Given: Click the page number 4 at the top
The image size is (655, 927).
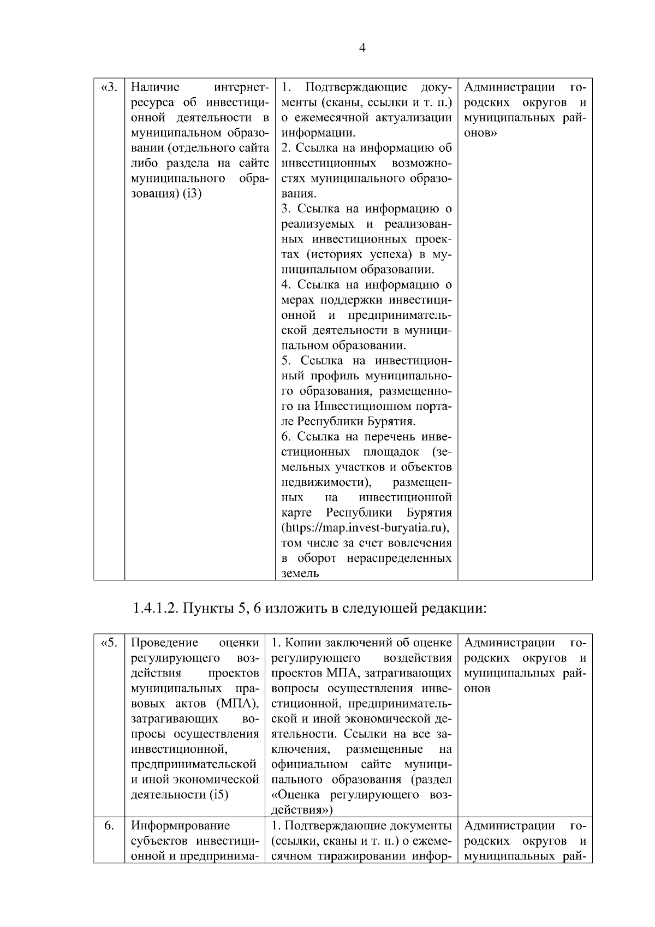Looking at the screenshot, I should (x=362, y=48).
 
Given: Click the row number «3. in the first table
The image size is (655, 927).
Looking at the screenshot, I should (x=109, y=87).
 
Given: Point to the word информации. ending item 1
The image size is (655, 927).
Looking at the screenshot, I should (x=318, y=133).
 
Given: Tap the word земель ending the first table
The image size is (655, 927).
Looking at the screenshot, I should (x=300, y=573).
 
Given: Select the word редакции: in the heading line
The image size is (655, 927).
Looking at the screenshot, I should (x=454, y=608).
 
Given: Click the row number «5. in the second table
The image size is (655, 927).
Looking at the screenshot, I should (x=109, y=643).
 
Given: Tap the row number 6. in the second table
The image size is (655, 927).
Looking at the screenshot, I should (x=109, y=825).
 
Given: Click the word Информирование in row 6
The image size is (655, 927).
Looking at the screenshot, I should (x=181, y=825).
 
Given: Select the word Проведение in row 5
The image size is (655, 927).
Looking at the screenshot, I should (x=165, y=643).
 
